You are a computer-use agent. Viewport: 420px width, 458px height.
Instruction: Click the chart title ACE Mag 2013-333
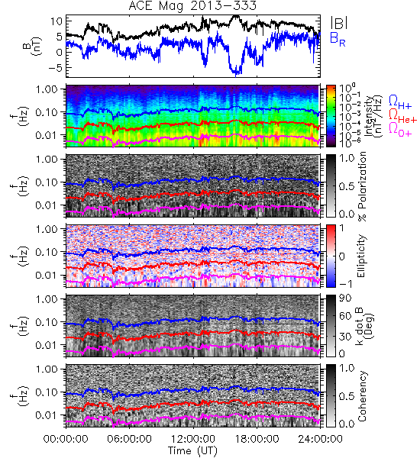point(192,5)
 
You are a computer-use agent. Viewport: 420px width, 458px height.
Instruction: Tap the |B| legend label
point(339,23)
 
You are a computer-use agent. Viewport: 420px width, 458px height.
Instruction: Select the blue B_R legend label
point(338,39)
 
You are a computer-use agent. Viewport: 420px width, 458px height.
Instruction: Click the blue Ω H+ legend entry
point(400,102)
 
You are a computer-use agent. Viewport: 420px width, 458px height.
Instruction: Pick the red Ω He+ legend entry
point(402,115)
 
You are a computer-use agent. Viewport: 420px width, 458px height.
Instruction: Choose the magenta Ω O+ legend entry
point(400,130)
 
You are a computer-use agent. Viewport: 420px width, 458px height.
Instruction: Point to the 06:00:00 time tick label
point(130,439)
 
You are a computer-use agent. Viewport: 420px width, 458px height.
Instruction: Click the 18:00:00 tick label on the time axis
point(257,439)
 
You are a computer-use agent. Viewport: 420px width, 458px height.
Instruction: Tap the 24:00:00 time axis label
point(320,439)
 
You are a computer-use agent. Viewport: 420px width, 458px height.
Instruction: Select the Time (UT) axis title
point(192,450)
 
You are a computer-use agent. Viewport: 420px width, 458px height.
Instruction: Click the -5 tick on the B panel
point(55,68)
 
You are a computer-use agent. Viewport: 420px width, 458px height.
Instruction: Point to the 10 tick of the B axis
point(57,21)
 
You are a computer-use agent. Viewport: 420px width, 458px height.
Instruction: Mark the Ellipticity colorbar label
point(361,256)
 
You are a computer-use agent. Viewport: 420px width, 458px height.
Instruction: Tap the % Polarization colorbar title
point(362,186)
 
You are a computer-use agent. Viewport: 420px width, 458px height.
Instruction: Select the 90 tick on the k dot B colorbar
point(345,298)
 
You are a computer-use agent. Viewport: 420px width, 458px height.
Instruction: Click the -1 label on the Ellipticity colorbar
point(345,284)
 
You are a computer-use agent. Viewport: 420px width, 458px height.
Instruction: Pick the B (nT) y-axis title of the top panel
point(33,47)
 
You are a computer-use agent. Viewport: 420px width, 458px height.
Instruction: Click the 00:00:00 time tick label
point(66,439)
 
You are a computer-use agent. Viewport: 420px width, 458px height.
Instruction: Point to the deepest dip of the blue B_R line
point(236,76)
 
